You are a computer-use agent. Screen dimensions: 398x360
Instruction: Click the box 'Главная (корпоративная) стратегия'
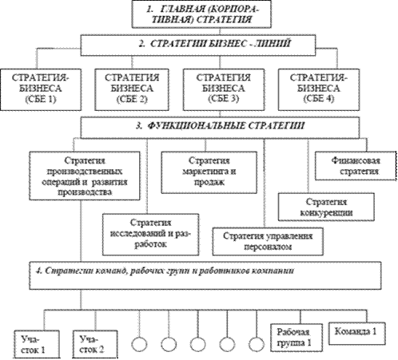(x=201, y=14)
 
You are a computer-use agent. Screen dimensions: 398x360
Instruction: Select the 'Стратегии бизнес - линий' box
(x=198, y=45)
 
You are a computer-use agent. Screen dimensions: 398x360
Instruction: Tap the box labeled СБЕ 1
(x=41, y=89)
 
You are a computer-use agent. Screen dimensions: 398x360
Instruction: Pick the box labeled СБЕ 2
(x=132, y=89)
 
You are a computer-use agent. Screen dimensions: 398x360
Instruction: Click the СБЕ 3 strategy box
(x=224, y=89)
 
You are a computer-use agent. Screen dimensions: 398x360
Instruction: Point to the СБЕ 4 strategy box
(x=319, y=89)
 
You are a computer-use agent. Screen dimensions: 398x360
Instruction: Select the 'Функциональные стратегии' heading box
(x=220, y=128)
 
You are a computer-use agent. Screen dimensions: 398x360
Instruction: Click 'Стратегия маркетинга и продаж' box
(x=209, y=172)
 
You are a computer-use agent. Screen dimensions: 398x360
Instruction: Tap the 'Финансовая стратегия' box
(x=356, y=166)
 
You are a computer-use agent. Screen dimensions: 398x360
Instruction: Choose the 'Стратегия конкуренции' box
(x=326, y=207)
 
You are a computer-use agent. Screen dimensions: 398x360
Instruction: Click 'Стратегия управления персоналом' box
(x=268, y=241)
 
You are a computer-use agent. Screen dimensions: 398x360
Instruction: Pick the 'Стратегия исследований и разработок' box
(x=151, y=235)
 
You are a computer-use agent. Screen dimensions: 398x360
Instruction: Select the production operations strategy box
(x=85, y=176)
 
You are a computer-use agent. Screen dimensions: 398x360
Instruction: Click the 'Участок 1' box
(x=37, y=345)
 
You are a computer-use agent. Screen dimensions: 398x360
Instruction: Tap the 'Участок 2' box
(x=95, y=345)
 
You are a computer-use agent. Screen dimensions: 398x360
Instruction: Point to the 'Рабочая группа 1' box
(x=297, y=338)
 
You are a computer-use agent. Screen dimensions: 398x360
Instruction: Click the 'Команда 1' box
(x=357, y=334)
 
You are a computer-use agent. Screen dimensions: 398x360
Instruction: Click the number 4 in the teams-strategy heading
(x=38, y=271)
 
